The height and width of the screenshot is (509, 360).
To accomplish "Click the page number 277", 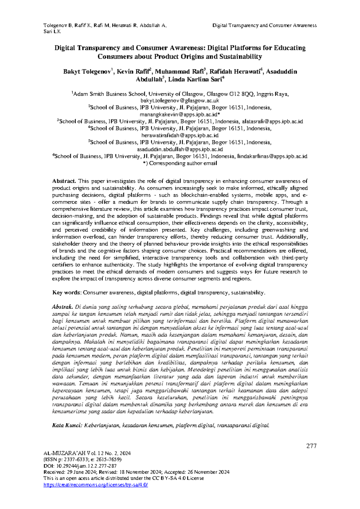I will [x=311, y=446].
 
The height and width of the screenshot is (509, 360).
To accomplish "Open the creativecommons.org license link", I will [x=96, y=485].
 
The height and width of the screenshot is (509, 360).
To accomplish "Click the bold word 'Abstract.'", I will [x=64, y=181].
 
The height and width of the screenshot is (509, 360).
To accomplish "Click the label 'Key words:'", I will [x=67, y=293].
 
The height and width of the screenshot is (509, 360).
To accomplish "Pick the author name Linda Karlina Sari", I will [x=195, y=80].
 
